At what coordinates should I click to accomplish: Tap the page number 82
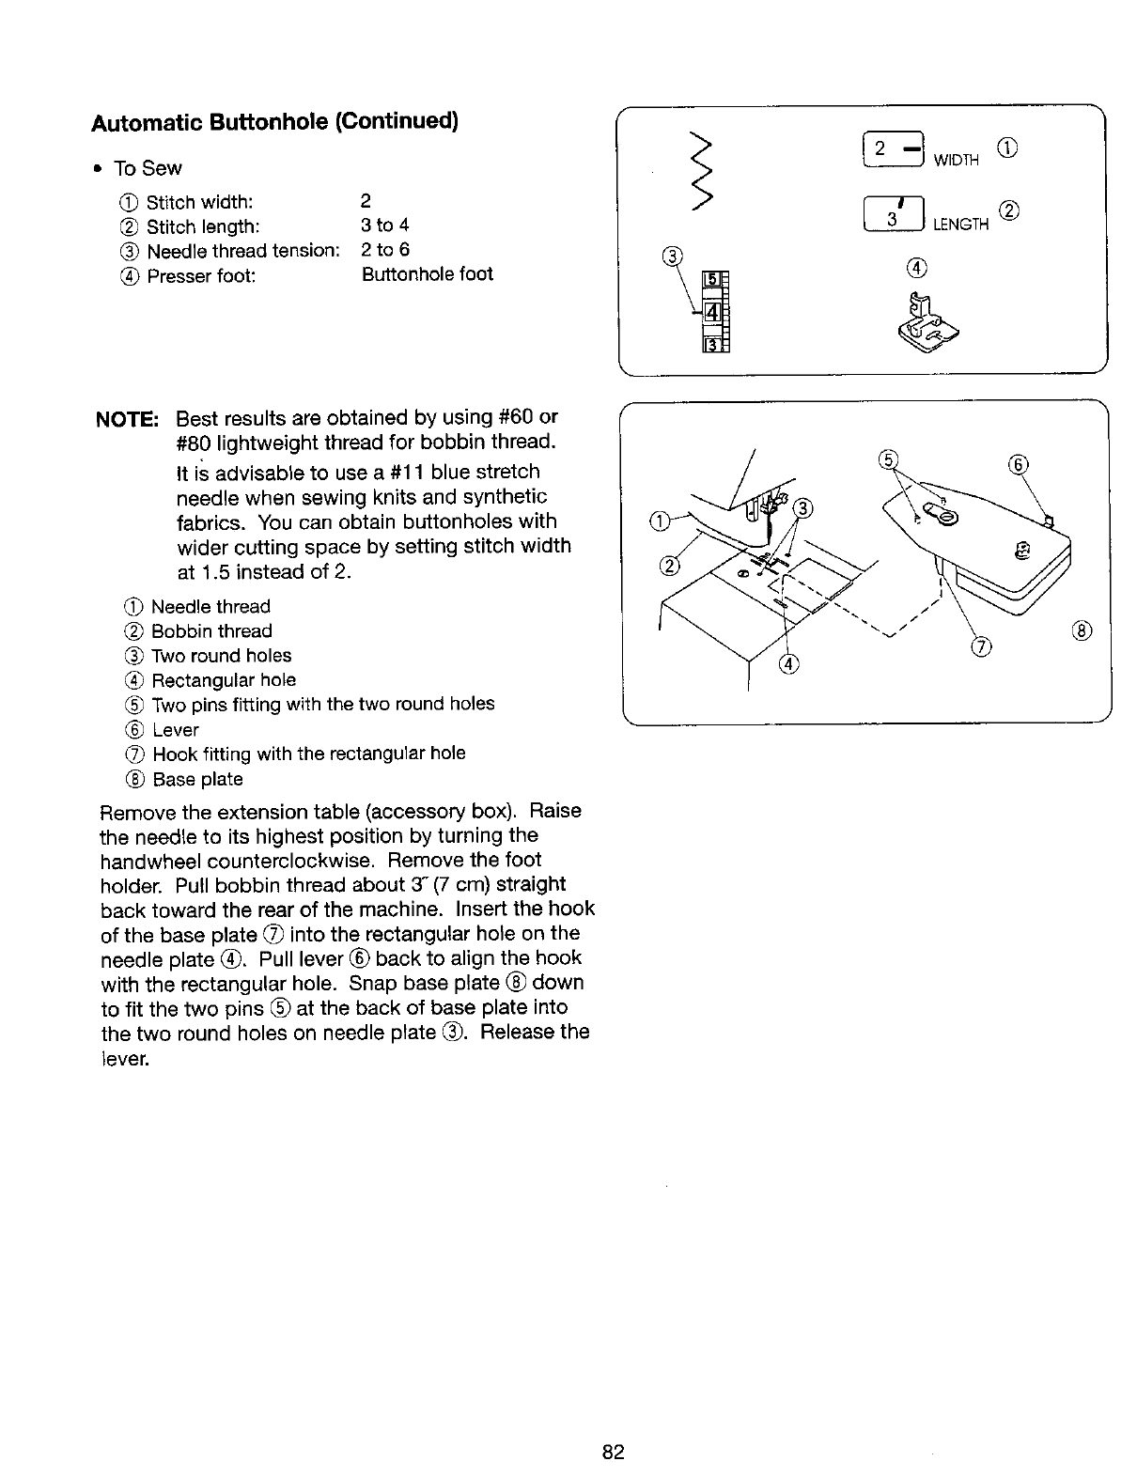(614, 1452)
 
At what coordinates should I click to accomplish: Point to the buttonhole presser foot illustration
(927, 319)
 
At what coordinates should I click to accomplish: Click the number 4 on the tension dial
(711, 312)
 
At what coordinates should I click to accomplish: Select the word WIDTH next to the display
(958, 161)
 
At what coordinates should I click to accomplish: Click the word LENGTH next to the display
(960, 225)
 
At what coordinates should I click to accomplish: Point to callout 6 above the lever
(1020, 462)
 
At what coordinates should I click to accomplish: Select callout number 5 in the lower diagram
(886, 459)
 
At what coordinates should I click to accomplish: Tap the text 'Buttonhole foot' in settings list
(427, 274)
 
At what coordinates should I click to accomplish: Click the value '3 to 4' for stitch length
(385, 225)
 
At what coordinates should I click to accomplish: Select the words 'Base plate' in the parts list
(197, 779)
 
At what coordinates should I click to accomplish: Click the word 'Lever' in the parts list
(175, 730)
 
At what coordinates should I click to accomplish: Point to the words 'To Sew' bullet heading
(148, 168)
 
